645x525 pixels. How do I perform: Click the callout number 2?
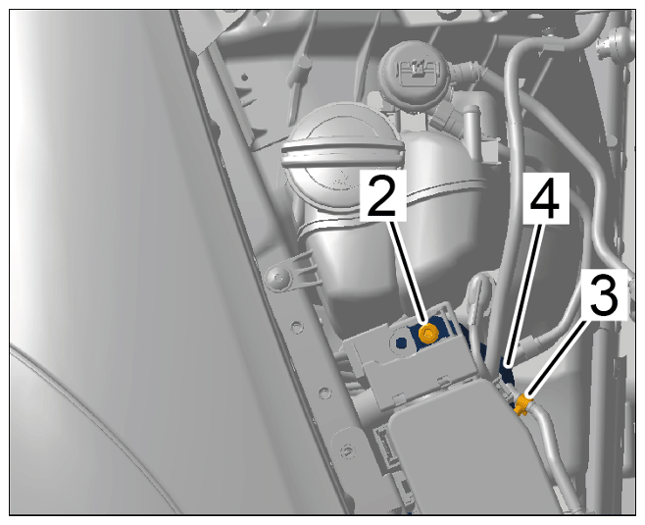pos(383,196)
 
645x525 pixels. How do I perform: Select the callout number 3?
pos(604,294)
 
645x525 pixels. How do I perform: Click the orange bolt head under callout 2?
pos(427,333)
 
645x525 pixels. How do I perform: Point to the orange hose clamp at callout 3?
pos(522,404)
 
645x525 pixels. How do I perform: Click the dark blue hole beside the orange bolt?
pos(400,341)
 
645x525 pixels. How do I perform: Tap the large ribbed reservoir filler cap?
pos(342,151)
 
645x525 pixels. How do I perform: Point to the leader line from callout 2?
pos(409,272)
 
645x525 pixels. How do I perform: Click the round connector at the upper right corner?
pos(616,43)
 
